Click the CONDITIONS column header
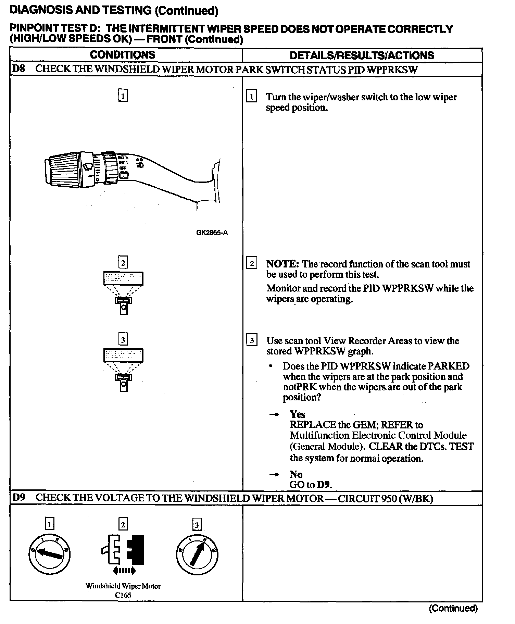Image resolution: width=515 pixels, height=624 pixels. [x=122, y=55]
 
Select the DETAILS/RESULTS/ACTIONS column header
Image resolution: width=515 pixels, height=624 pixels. [x=362, y=55]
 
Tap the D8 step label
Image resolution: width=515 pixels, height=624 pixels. [x=18, y=69]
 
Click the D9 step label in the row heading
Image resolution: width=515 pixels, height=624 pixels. [x=18, y=498]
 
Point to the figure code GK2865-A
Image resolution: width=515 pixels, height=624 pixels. [x=212, y=233]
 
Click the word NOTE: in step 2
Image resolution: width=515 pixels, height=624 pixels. [x=283, y=264]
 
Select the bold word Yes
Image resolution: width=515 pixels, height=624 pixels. [x=297, y=414]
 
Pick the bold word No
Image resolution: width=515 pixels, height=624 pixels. [x=296, y=474]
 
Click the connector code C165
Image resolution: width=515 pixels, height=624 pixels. [x=123, y=595]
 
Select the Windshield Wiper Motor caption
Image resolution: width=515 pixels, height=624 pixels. [x=123, y=586]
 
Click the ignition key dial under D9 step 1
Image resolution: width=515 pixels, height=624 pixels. [x=49, y=554]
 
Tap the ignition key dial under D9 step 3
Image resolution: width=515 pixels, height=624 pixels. [x=197, y=554]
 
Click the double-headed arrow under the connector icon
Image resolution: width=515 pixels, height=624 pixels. [x=124, y=571]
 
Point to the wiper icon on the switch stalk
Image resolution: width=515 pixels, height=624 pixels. [x=88, y=167]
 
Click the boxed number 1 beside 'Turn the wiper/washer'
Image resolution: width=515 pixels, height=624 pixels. [x=251, y=97]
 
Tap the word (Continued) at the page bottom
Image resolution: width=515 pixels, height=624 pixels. [x=453, y=608]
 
